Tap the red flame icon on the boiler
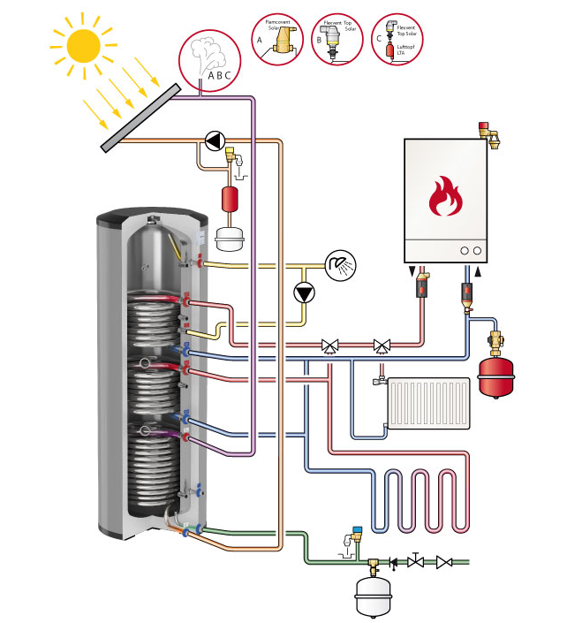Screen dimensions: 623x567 click(445, 197)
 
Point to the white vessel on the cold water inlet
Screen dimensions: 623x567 click(372, 595)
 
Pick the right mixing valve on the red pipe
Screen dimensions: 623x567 click(382, 345)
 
